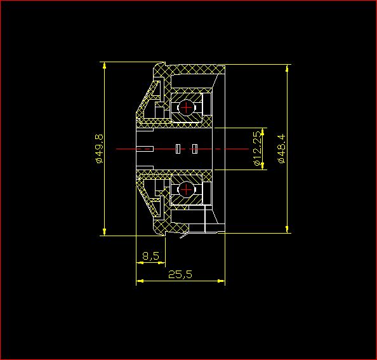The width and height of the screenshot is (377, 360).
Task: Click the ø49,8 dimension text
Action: (x=100, y=149)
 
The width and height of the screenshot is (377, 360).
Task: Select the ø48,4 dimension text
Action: (x=282, y=149)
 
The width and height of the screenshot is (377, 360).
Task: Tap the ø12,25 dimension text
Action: (x=257, y=149)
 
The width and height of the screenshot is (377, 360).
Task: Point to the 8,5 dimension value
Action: (x=151, y=256)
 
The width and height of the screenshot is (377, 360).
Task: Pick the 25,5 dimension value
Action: (x=180, y=274)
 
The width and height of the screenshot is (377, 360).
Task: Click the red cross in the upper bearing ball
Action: (x=186, y=107)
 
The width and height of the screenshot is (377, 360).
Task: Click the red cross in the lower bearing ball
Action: (x=186, y=189)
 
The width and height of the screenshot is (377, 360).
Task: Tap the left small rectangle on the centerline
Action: (x=178, y=149)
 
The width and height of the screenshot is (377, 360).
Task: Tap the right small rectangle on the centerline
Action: (x=195, y=149)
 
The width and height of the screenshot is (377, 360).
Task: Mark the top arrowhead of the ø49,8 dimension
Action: (x=104, y=65)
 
